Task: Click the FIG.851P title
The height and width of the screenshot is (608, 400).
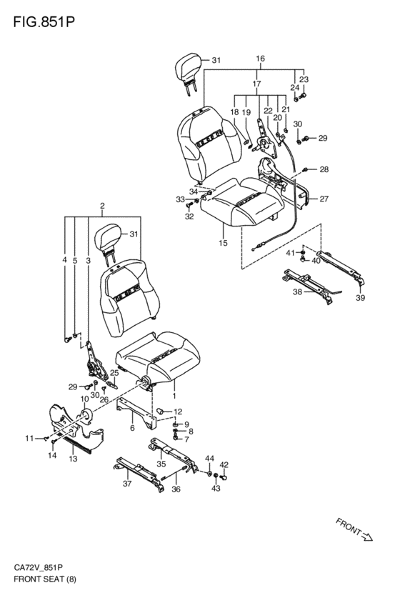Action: (x=44, y=22)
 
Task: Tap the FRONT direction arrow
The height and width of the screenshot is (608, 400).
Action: (x=366, y=537)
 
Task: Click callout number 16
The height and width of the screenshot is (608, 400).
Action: (x=260, y=59)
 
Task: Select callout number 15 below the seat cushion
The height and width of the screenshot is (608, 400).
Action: (x=223, y=243)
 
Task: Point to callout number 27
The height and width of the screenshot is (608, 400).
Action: (x=324, y=199)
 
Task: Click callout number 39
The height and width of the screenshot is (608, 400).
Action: (x=361, y=298)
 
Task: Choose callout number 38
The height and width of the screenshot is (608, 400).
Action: (x=297, y=291)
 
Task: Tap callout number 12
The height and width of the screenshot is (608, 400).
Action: (x=178, y=412)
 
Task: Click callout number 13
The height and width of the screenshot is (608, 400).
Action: (x=73, y=459)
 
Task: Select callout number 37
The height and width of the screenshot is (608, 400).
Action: (x=127, y=483)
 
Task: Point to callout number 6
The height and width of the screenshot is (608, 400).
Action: (x=132, y=428)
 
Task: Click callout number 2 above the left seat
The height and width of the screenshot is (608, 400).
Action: (x=102, y=206)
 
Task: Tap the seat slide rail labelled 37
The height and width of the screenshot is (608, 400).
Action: (x=139, y=474)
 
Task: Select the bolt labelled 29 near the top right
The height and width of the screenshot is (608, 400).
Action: (x=305, y=138)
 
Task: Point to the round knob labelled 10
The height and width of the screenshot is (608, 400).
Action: (x=86, y=416)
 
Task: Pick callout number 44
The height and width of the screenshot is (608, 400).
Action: (x=209, y=459)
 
